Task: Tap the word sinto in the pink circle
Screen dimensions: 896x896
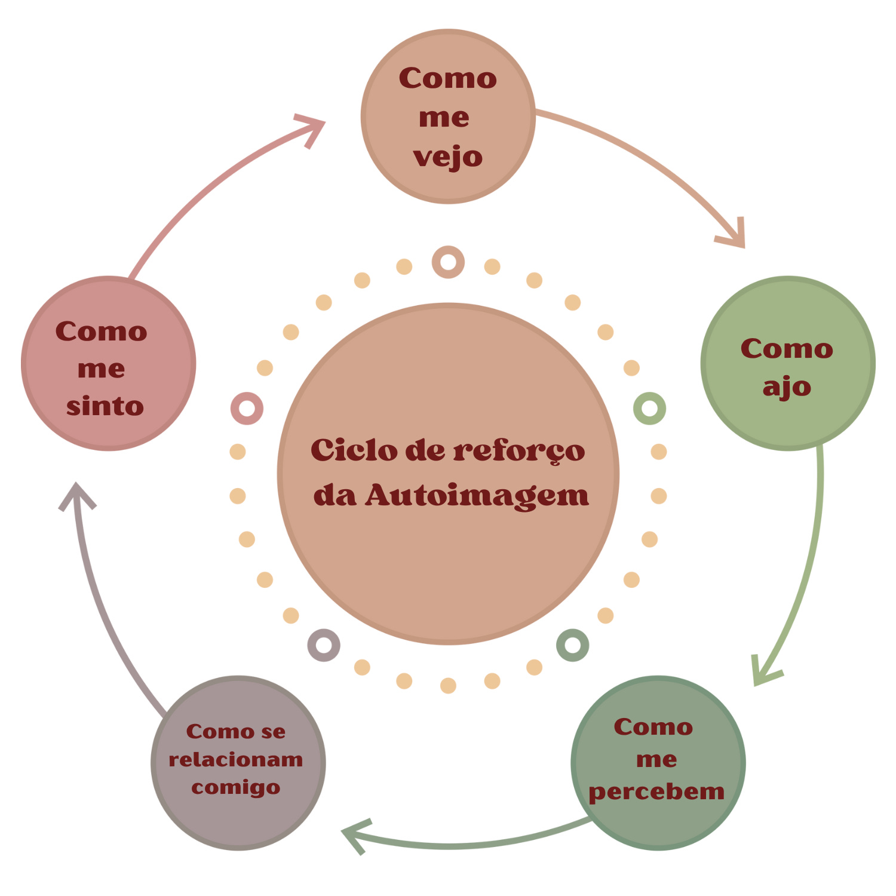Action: [105, 407]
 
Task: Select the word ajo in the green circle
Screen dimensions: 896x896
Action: [787, 388]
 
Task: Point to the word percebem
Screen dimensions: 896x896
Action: [656, 792]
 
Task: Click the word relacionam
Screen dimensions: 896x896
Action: [236, 760]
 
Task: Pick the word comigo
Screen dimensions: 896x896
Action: [236, 788]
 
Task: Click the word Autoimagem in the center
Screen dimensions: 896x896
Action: [477, 495]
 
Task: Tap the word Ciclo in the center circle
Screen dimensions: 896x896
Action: [354, 450]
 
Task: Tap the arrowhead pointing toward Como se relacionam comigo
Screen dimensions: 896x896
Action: [355, 834]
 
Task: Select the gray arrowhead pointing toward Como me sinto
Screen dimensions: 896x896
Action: [76, 495]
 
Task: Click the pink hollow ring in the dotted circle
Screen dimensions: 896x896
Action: [247, 409]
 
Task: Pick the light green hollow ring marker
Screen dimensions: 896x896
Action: [649, 409]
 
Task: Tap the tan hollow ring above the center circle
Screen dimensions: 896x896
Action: [448, 262]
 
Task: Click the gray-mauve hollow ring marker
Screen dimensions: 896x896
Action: [324, 645]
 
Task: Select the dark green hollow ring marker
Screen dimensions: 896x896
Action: [572, 645]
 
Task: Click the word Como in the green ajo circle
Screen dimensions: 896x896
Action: [787, 349]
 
